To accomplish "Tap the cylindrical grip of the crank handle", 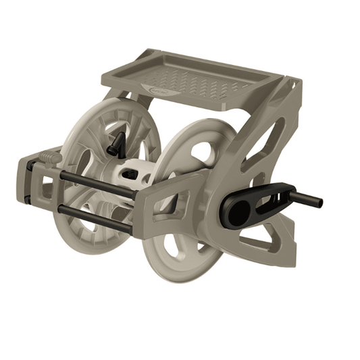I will pyautogui.click(x=307, y=199).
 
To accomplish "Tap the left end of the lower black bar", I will pyautogui.click(x=61, y=209).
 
